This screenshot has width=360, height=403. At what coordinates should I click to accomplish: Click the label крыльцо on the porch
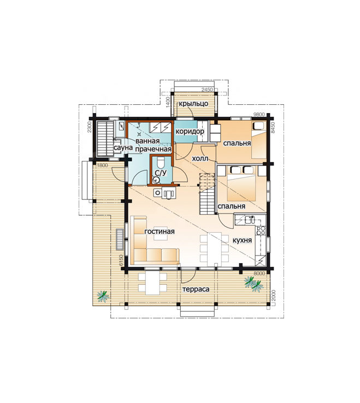tap(193, 104)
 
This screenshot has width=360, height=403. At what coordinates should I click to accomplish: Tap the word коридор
tap(190, 132)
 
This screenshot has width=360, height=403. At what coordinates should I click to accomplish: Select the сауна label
tap(123, 147)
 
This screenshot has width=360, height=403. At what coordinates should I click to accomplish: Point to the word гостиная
tap(160, 232)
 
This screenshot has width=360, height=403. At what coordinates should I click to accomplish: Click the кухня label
tap(242, 241)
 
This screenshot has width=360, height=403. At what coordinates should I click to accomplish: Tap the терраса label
tap(196, 289)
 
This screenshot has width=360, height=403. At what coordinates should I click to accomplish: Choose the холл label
tap(200, 158)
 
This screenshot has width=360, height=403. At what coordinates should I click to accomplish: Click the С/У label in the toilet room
tap(161, 173)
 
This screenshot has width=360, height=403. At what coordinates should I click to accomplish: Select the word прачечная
tap(154, 149)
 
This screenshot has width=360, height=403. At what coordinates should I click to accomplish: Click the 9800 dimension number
tap(259, 115)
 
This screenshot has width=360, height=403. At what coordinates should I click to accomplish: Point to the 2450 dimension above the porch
tap(207, 90)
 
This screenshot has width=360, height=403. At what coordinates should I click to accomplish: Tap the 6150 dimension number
tap(120, 260)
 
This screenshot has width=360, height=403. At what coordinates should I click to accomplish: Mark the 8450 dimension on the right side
tap(273, 127)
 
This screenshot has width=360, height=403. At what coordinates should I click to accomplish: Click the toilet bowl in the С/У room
tap(161, 163)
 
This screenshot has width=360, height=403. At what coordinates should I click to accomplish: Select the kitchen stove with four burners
tap(261, 230)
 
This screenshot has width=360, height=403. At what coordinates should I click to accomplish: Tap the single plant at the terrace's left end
tap(103, 297)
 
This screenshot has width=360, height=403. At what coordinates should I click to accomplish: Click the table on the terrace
tap(152, 284)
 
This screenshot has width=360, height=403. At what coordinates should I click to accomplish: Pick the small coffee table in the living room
tap(161, 236)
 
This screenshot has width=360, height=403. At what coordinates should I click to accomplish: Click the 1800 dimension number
tap(102, 166)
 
